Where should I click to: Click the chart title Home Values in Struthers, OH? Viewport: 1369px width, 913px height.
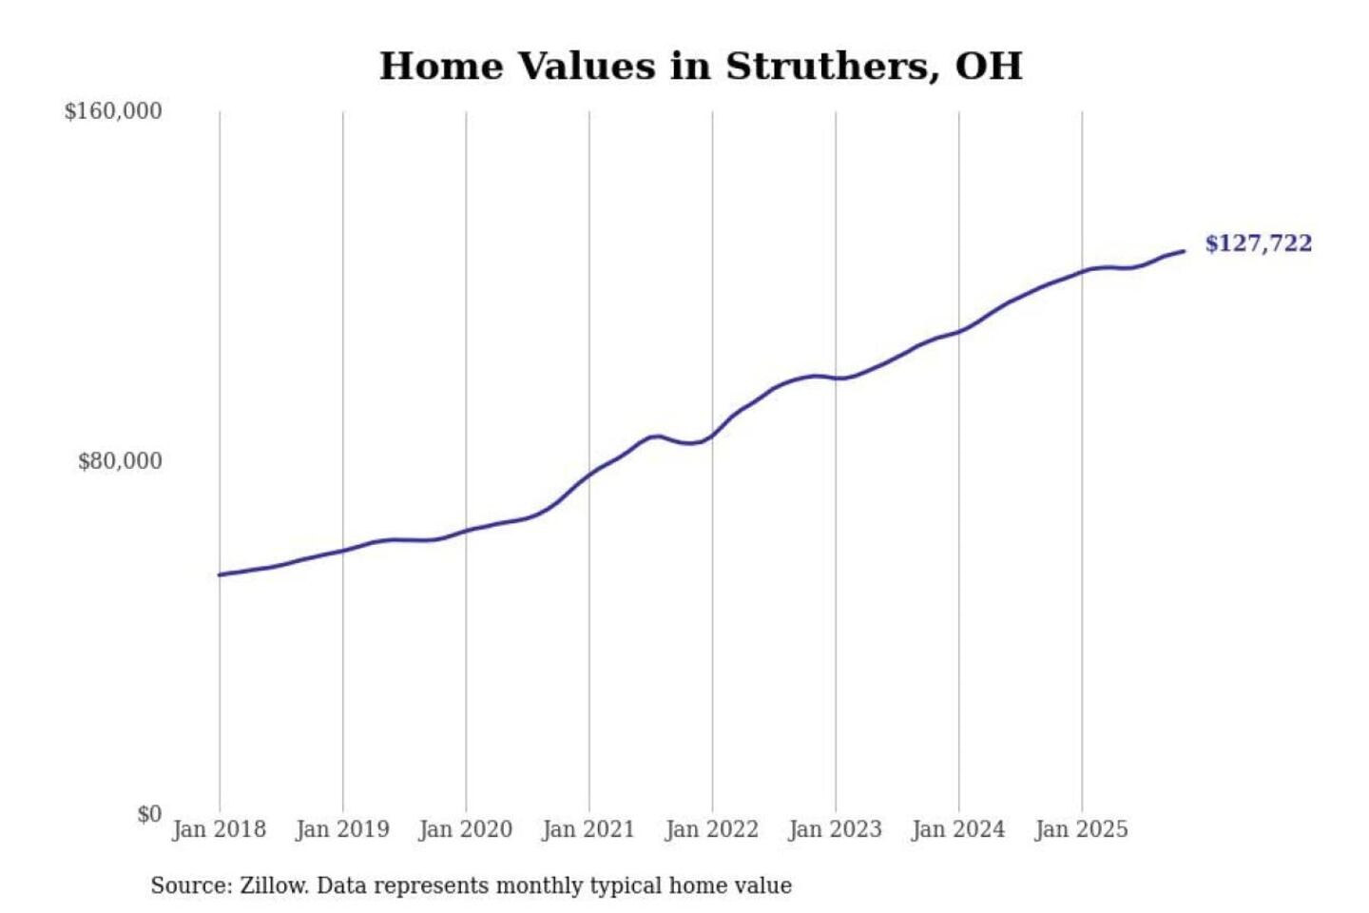[x=701, y=67]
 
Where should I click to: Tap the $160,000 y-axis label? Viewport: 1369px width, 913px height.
[x=113, y=111]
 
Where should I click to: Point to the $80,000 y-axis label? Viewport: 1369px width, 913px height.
[x=120, y=461]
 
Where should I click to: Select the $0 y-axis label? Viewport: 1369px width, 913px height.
[x=149, y=814]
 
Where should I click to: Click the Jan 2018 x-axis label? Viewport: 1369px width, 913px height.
[x=220, y=829]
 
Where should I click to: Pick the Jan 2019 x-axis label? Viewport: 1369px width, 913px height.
[x=342, y=829]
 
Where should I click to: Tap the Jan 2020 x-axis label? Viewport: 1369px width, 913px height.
[x=466, y=829]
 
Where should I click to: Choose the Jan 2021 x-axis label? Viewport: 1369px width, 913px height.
[x=588, y=829]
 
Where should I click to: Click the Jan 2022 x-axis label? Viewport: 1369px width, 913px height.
[x=712, y=829]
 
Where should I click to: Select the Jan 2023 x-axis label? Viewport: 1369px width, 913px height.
[x=836, y=829]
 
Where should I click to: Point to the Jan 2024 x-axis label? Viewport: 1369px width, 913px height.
[x=958, y=829]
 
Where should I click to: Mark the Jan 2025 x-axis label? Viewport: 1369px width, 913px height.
[x=1082, y=829]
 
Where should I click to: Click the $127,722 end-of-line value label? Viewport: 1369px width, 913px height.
[x=1258, y=243]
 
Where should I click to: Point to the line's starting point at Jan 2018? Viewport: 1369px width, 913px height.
[x=220, y=574]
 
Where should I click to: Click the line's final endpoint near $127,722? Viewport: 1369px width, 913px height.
[x=1184, y=251]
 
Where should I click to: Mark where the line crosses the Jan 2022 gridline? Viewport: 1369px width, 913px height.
[x=712, y=436]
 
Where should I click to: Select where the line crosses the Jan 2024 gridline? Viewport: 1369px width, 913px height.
[x=958, y=331]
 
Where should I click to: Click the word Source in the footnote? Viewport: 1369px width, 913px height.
[x=188, y=885]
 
